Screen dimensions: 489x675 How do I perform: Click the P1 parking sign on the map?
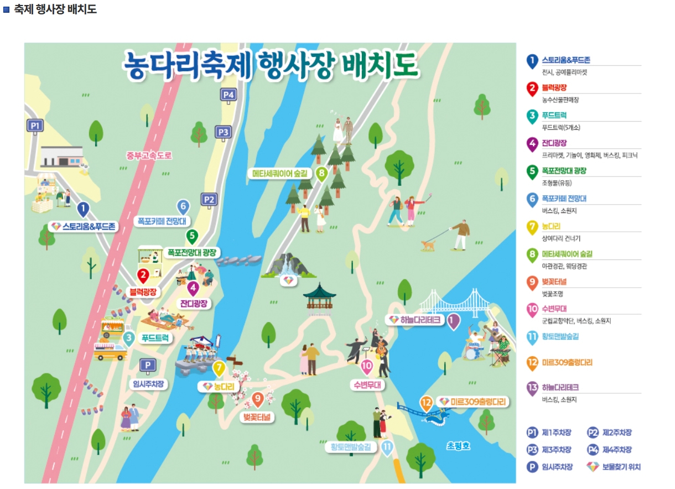[35, 126]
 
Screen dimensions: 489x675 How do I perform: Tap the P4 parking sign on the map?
[229, 95]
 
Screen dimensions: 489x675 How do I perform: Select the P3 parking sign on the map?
[223, 132]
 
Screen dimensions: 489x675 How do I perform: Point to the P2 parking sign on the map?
[209, 199]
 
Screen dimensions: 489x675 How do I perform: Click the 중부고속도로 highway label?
[149, 155]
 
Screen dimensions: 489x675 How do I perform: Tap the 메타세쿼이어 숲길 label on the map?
[279, 173]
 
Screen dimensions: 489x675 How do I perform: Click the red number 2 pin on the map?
[144, 274]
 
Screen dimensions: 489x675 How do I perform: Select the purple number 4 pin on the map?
[193, 288]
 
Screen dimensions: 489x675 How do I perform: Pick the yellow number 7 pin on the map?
[219, 367]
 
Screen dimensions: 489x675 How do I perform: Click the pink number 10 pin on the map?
[367, 366]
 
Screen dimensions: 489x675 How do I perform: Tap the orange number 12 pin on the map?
[426, 403]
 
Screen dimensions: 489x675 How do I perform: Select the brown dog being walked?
[428, 244]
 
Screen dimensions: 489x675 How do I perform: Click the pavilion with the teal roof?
[319, 295]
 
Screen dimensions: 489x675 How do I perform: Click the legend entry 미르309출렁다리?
[567, 362]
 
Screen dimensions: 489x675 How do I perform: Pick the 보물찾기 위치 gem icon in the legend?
[593, 467]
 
